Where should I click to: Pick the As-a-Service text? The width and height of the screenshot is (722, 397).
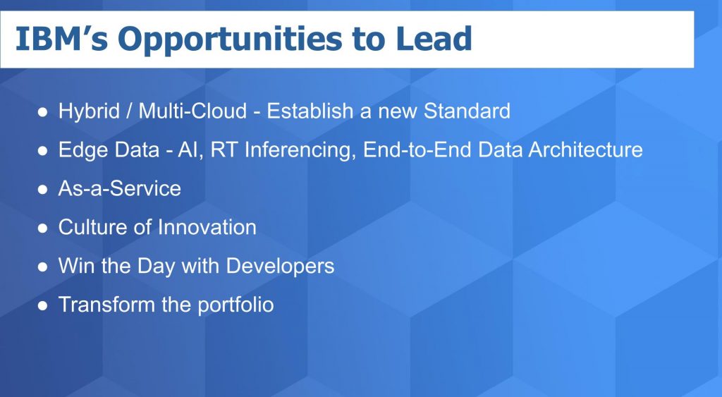click(119, 189)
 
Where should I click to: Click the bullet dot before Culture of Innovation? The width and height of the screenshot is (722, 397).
click(43, 228)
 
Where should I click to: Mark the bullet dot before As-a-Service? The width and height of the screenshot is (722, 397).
click(43, 190)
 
